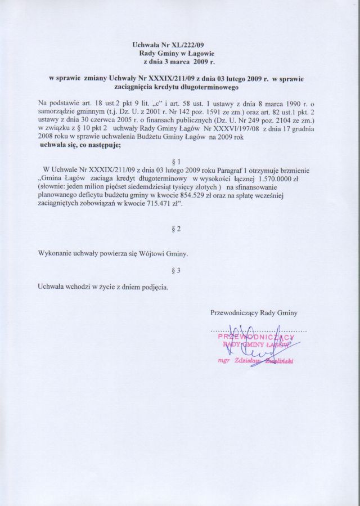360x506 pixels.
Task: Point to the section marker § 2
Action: (x=178, y=229)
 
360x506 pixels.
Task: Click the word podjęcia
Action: (x=152, y=288)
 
